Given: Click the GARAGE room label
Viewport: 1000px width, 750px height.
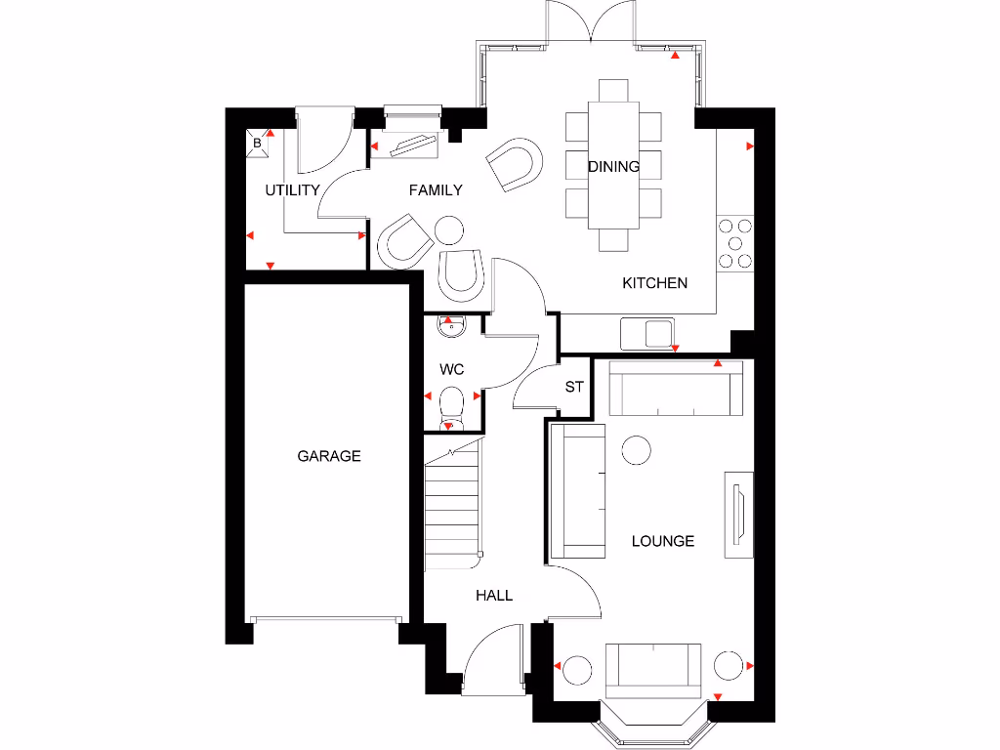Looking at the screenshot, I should [x=329, y=456].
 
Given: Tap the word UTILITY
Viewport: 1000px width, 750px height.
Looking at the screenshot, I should [x=292, y=190].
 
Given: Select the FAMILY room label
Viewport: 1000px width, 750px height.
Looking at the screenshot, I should [x=436, y=190].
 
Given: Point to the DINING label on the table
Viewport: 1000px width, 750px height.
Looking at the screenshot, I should [x=613, y=167].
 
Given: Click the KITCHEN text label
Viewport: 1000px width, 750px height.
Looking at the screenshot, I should [x=655, y=283].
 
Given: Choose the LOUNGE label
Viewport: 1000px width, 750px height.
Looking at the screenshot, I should [x=662, y=541].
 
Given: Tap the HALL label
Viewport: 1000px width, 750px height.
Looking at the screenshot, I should [x=494, y=595].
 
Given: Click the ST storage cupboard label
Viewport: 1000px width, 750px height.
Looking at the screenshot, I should [x=574, y=388].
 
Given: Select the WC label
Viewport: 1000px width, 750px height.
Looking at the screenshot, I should [x=451, y=370].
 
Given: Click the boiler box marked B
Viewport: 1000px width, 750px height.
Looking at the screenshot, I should [x=258, y=144].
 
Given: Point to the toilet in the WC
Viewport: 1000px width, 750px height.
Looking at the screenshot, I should [x=451, y=405].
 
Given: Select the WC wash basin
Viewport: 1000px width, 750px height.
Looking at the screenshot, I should [x=451, y=326].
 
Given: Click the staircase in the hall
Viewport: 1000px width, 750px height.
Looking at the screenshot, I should [x=455, y=508].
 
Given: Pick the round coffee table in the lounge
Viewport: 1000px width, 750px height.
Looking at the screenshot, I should [x=637, y=450].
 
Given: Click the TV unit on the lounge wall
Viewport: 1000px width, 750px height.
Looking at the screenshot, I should [x=739, y=515].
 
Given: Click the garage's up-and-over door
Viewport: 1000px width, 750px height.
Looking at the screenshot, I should [x=325, y=618].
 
